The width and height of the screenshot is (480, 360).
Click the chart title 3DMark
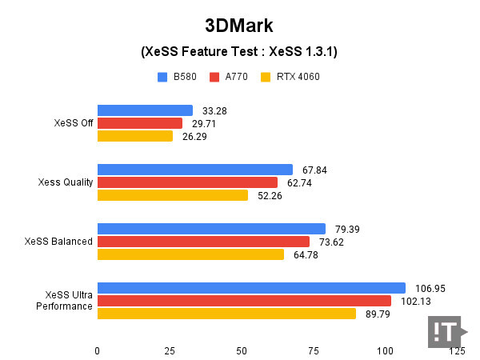click(239, 25)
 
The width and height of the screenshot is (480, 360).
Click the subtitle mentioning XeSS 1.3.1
click(239, 52)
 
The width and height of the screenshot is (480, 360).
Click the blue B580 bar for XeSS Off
click(145, 110)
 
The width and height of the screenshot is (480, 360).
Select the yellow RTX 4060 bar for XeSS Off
click(135, 136)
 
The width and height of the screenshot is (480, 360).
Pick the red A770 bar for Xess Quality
click(187, 182)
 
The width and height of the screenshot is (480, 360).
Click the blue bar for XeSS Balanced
click(211, 229)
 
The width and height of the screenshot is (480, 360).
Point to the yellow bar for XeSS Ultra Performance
click(226, 314)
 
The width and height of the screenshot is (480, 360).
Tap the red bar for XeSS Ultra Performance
click(244, 301)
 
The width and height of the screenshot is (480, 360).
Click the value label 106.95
click(430, 288)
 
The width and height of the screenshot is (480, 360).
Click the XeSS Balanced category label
click(58, 242)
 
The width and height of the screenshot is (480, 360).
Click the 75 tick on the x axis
click(313, 350)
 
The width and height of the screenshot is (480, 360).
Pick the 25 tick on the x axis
click(169, 350)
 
